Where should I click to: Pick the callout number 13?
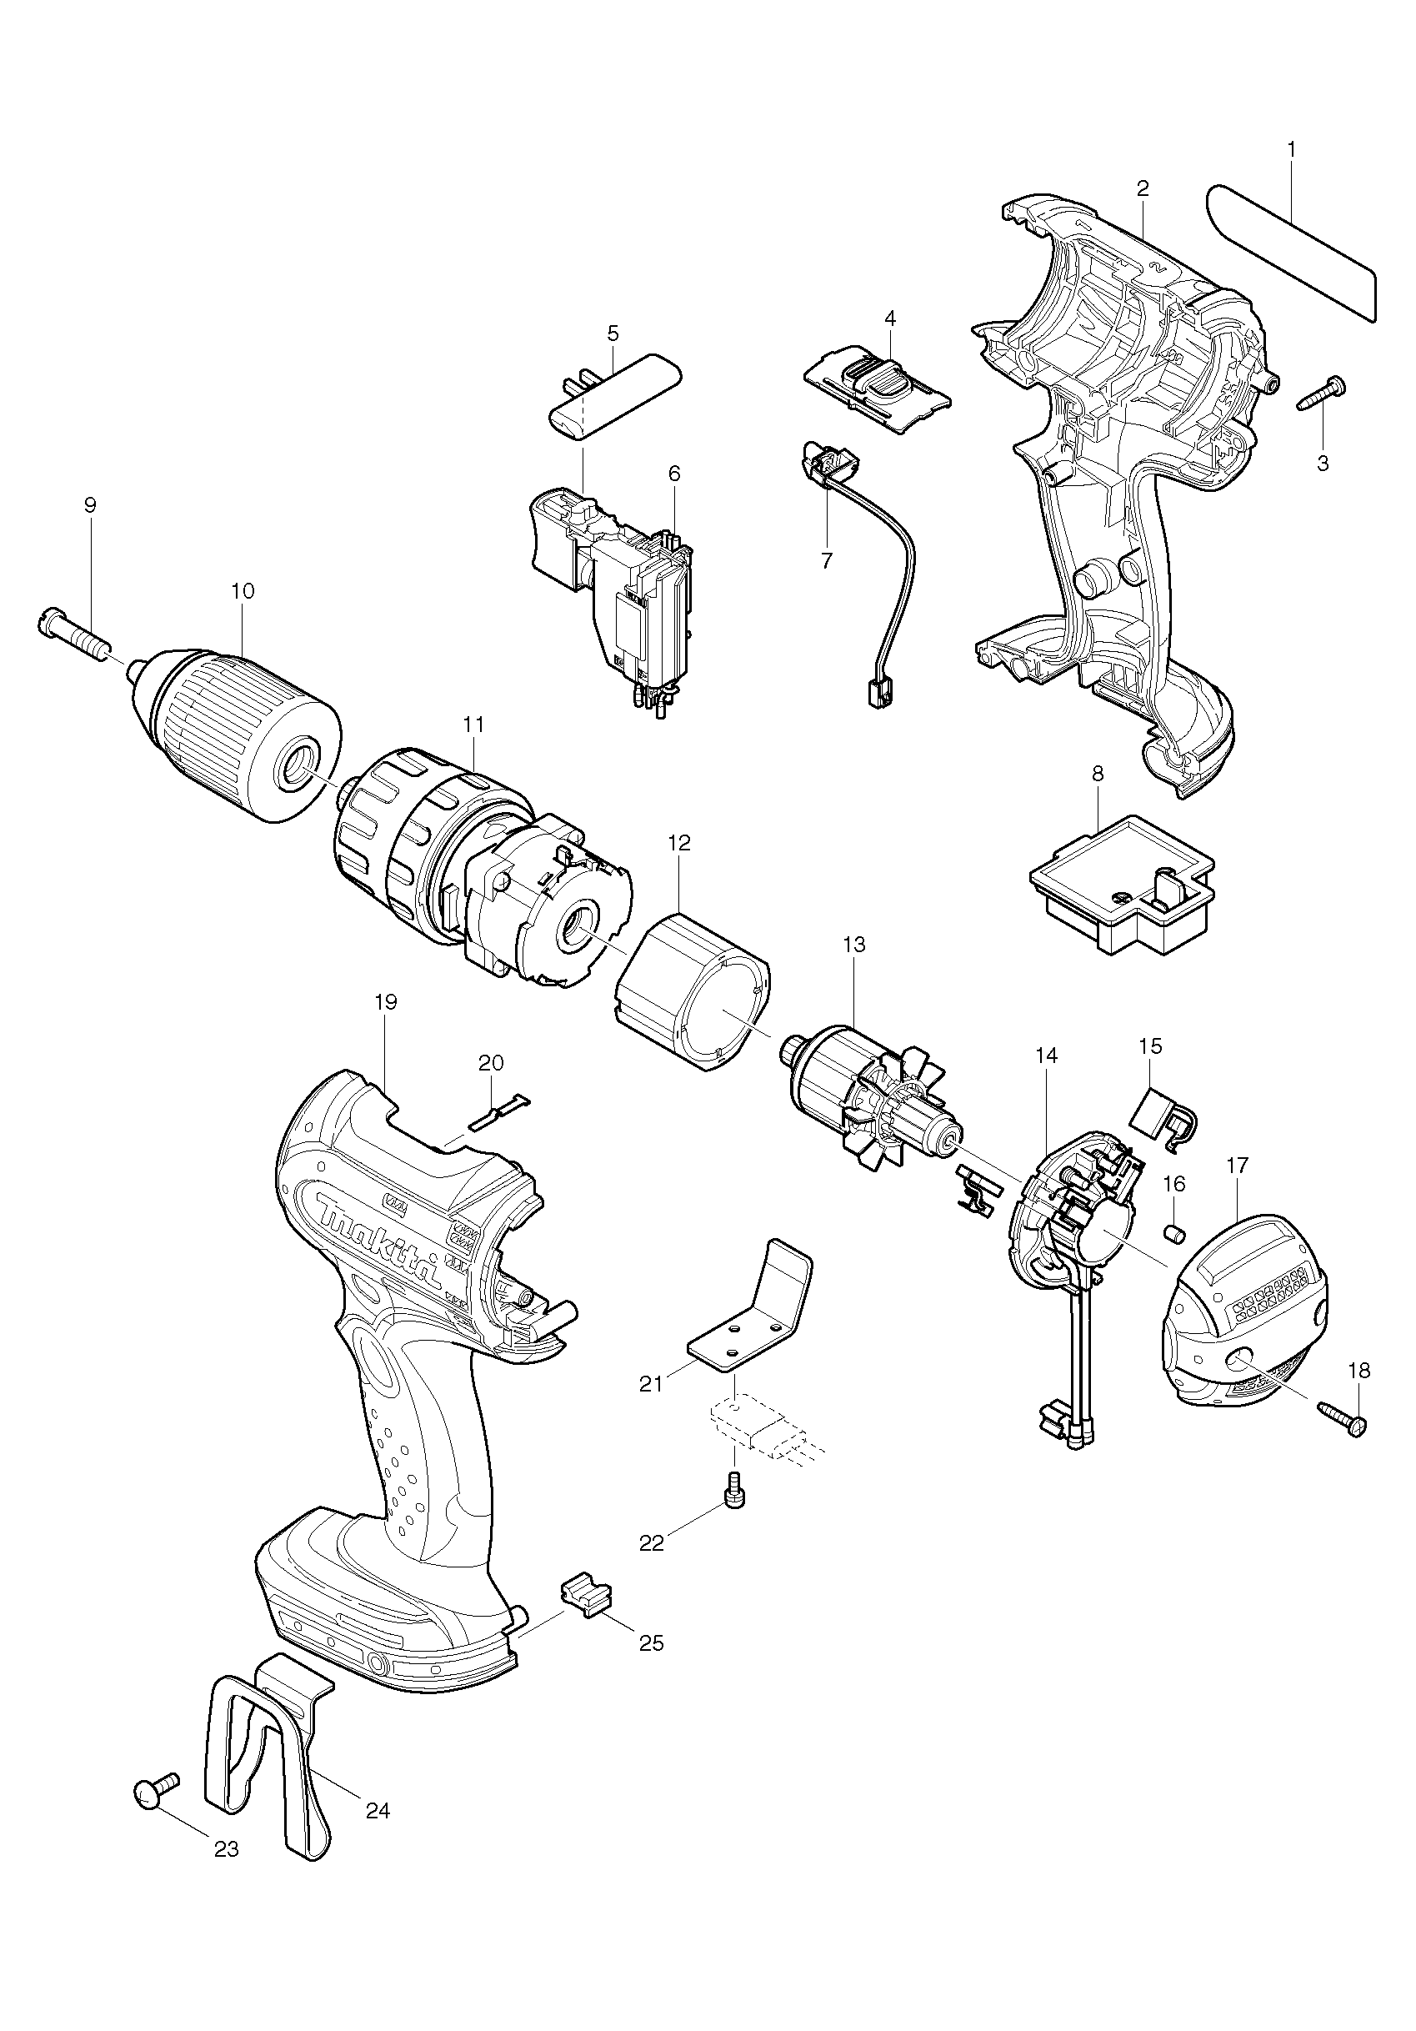[x=853, y=944]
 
